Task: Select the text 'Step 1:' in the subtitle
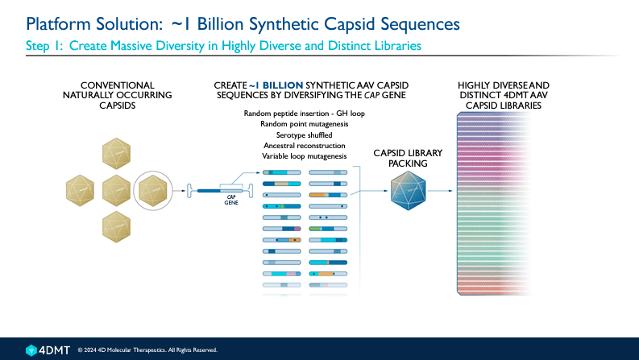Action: (43, 46)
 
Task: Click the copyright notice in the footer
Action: (147, 350)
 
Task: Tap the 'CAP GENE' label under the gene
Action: (230, 202)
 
